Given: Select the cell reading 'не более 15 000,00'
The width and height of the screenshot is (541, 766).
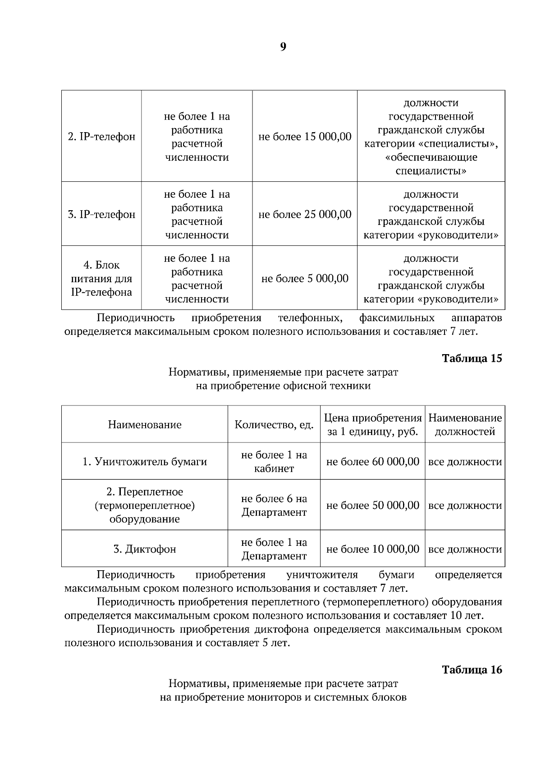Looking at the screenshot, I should pos(304,137).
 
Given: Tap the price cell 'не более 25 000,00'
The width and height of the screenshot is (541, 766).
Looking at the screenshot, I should pos(304,214).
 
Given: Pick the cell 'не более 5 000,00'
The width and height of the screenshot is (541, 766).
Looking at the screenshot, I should pos(304,278).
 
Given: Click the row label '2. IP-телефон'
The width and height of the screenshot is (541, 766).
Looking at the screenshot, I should pos(101,137).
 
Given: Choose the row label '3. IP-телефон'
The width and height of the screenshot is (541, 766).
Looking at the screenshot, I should pos(101,214).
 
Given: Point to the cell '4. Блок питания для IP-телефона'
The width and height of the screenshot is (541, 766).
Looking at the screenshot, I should pos(101,278).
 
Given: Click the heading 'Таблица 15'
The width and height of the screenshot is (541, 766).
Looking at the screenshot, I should pos(472,359).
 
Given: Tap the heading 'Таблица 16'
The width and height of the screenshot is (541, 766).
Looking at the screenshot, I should pos(472,669).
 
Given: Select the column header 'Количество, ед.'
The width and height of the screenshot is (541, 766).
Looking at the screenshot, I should pos(274,425).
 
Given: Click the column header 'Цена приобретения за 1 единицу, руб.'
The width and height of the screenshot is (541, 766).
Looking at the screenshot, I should pos(372,425).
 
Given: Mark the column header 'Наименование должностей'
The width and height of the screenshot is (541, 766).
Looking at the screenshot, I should pos(465,425).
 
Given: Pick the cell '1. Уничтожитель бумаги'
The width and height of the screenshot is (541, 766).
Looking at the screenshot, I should pos(145,462).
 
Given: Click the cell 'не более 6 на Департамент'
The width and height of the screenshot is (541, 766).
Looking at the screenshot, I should pos(274,505).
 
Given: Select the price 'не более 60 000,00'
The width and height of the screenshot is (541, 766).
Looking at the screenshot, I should pos(372,462).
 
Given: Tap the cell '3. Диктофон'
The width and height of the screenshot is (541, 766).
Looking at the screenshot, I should pos(145,549).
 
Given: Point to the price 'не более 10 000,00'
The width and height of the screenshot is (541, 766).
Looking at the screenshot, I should pos(372,549).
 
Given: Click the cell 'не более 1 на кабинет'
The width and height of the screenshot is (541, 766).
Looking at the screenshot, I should pos(274,462).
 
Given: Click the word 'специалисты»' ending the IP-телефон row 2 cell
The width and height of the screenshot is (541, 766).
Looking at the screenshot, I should pos(431,171).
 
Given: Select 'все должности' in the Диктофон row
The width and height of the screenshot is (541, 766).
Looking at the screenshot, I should pos(465,549).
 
